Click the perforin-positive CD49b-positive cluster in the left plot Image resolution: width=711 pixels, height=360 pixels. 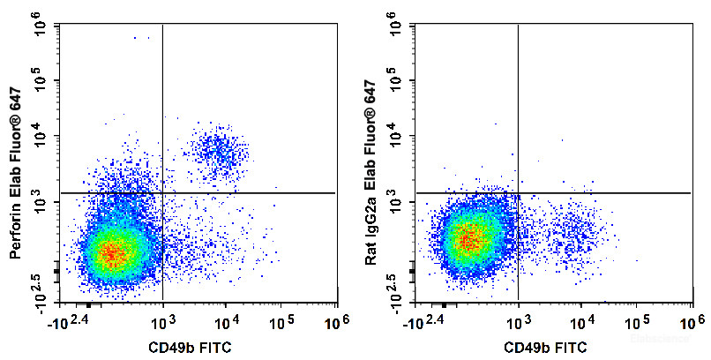click(218, 152)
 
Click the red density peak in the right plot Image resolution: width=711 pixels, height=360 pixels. click(469, 236)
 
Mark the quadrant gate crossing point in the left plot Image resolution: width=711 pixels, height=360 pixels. click(163, 192)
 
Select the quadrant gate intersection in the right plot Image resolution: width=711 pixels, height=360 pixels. click(518, 192)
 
